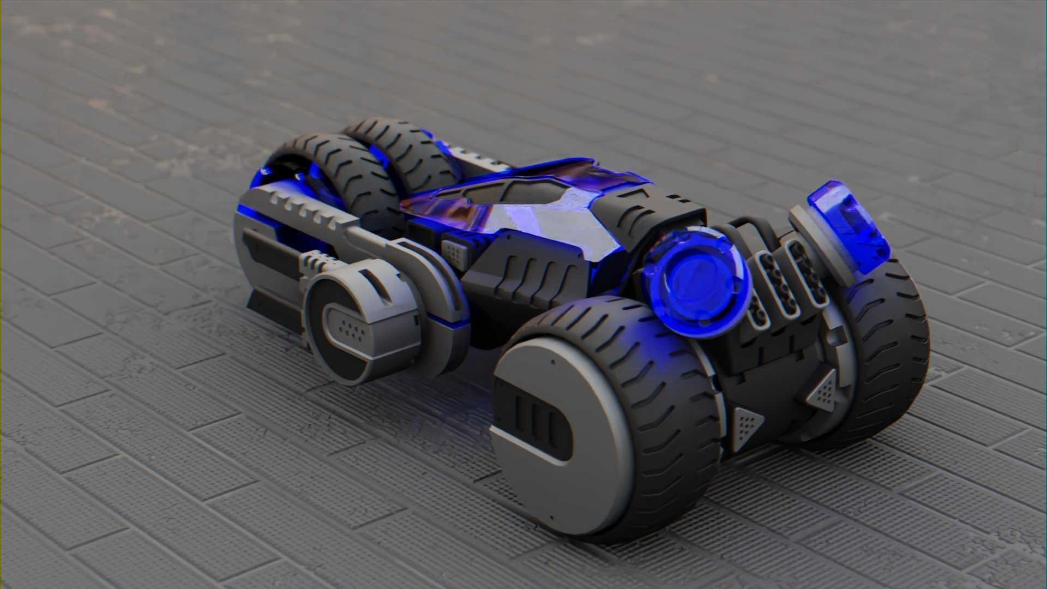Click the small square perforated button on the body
[453, 251]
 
